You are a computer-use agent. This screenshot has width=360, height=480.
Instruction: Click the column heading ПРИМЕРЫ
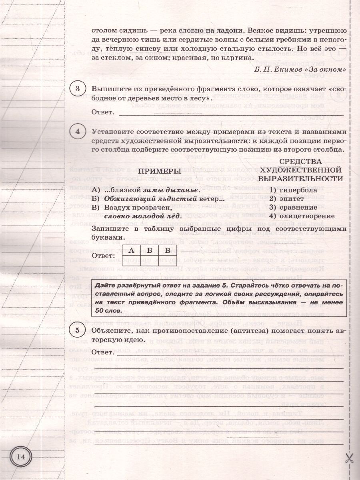click(x=160, y=171)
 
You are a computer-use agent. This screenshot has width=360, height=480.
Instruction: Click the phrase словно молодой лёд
click(x=142, y=216)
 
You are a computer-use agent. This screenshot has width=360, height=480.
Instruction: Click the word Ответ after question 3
click(x=103, y=113)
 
